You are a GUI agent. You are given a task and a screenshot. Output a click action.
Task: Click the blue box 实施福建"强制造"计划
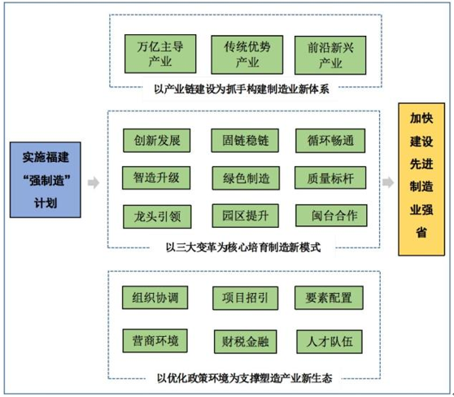46,180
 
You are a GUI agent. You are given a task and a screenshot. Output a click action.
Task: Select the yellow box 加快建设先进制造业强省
421,179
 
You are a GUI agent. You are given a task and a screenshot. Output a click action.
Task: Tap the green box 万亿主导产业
160,54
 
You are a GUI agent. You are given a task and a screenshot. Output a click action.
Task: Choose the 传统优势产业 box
247,55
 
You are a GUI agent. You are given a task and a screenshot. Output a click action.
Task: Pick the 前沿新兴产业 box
330,55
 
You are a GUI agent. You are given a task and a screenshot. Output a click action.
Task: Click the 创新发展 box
157,141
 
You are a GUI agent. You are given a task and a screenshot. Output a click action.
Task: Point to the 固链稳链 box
245,141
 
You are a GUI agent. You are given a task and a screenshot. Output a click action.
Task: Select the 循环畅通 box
330,141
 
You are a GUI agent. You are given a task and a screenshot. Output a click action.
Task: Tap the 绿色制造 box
246,178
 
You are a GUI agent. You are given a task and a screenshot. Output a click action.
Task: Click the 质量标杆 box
330,177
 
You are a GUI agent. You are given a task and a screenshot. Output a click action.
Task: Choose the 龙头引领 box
157,216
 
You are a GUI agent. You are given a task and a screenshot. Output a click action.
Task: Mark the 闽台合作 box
331,216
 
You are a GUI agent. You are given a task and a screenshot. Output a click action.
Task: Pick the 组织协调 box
155,298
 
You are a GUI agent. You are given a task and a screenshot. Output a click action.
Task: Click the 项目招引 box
245,298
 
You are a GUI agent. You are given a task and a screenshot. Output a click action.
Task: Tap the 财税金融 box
245,342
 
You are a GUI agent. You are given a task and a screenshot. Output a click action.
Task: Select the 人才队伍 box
330,342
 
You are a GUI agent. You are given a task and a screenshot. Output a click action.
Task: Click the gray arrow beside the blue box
94,183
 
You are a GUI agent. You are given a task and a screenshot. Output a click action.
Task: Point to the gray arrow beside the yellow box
388,182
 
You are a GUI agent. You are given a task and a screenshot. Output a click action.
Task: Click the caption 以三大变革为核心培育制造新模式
243,247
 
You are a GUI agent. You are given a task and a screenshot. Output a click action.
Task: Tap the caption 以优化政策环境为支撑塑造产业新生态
244,378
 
